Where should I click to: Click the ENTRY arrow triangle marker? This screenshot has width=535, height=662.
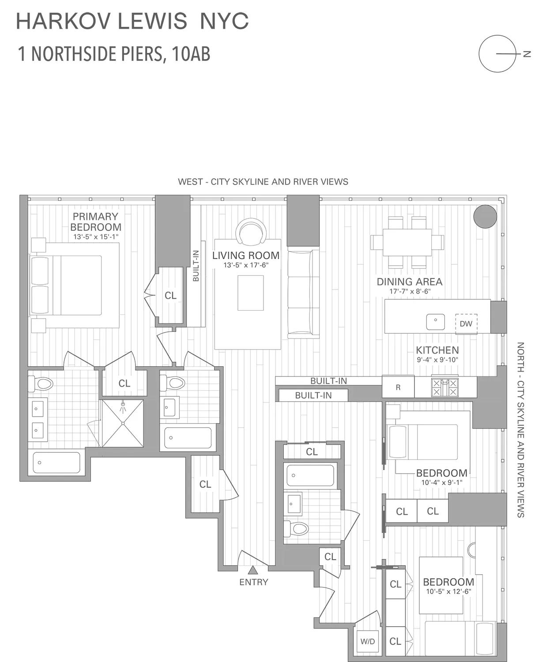coord(252,570)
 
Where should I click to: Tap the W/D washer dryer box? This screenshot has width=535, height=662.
coord(367,642)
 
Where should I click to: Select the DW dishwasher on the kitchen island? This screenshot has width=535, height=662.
coord(466,323)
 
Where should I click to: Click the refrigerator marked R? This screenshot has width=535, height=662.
coord(398,387)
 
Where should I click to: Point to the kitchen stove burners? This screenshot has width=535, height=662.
coord(445,387)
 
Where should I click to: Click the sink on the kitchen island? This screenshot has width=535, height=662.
coord(436,322)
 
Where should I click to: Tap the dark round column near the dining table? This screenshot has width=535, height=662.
coord(485,217)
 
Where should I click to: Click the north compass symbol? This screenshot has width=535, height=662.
coord(498,54)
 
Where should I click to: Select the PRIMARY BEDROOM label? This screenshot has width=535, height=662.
coord(96,222)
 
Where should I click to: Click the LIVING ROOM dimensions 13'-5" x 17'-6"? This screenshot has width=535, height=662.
coord(246,265)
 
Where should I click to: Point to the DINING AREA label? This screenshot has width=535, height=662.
coord(409,282)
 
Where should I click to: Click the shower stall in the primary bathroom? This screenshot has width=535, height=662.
coord(123,423)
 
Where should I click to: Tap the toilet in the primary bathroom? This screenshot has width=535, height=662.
coord(41,383)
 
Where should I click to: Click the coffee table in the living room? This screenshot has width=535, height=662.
coord(250,293)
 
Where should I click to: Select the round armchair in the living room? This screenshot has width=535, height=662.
coord(251,232)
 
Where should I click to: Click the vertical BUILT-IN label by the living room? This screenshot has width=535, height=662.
coord(196,266)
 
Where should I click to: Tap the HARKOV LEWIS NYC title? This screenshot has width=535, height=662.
coord(132,21)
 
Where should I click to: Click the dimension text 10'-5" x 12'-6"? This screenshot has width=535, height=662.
coord(448,592)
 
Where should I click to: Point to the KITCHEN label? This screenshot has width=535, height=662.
coord(437,350)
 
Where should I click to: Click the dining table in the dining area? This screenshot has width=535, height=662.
coord(407,242)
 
